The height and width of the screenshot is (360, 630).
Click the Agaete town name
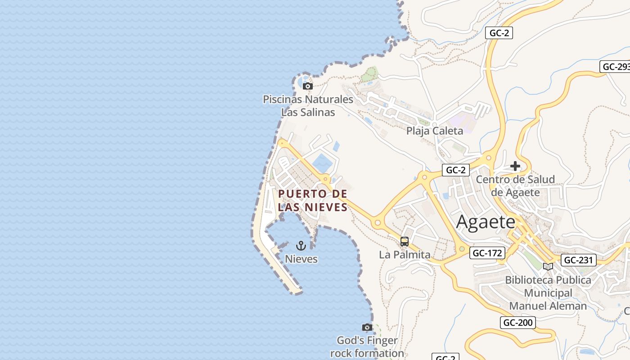pyautogui.click(x=486, y=222)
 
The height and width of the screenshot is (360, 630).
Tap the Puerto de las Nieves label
pyautogui.click(x=313, y=200)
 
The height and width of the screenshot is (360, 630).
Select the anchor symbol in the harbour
pyautogui.click(x=301, y=245)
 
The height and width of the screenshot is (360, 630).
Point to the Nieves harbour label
pyautogui.click(x=301, y=259)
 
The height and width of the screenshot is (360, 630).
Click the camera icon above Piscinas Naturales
pyautogui.click(x=308, y=86)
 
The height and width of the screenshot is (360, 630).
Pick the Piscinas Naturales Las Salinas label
pyautogui.click(x=308, y=105)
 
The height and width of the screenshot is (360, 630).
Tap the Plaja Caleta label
pyautogui.click(x=434, y=131)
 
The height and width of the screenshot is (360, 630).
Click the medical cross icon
pyautogui.click(x=515, y=166)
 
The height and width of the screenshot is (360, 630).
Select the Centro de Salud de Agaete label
pyautogui.click(x=515, y=186)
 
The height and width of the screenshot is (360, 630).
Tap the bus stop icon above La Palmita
pyautogui.click(x=405, y=242)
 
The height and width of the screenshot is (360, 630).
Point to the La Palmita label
pyautogui.click(x=405, y=254)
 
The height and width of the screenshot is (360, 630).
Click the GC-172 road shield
pyautogui.click(x=487, y=253)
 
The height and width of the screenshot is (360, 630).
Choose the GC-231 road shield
pyautogui.click(x=579, y=260)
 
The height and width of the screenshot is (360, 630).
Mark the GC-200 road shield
pyautogui.click(x=518, y=322)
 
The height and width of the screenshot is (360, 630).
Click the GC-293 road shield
pyautogui.click(x=616, y=67)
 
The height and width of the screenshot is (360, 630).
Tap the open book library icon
pyautogui.click(x=548, y=266)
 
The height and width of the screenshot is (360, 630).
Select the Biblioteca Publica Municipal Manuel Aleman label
pyautogui.click(x=548, y=292)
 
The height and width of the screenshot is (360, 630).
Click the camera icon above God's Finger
pyautogui.click(x=367, y=327)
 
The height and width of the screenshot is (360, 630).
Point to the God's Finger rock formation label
pyautogui.click(x=367, y=346)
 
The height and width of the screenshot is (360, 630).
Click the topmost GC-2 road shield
pyautogui.click(x=499, y=33)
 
